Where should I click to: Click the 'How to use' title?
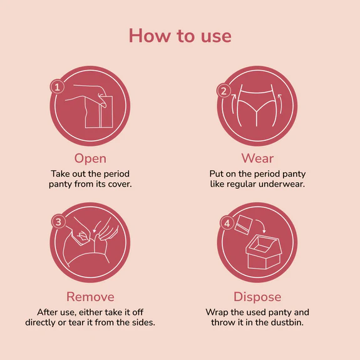(x=180, y=36)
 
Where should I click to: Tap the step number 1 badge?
(x=56, y=88)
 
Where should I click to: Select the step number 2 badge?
(x=224, y=91)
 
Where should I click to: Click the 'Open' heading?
(x=90, y=158)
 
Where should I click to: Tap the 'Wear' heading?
(x=257, y=158)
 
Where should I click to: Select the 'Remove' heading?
(x=90, y=296)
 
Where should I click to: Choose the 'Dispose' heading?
(x=257, y=296)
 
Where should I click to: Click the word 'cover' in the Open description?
(x=116, y=185)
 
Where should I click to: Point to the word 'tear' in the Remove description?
(x=96, y=323)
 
